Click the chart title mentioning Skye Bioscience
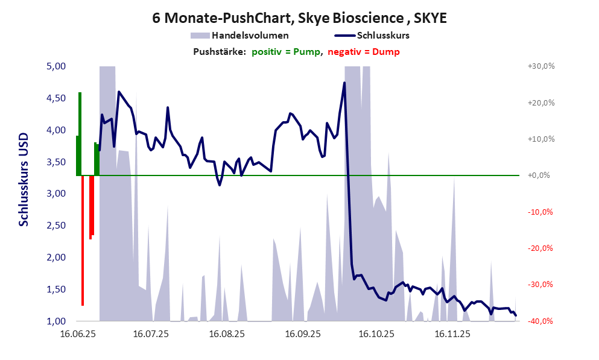[300, 18]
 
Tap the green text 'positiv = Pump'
[286, 52]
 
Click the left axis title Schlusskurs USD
[24, 179]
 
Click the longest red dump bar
[83, 241]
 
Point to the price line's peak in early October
[344, 83]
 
